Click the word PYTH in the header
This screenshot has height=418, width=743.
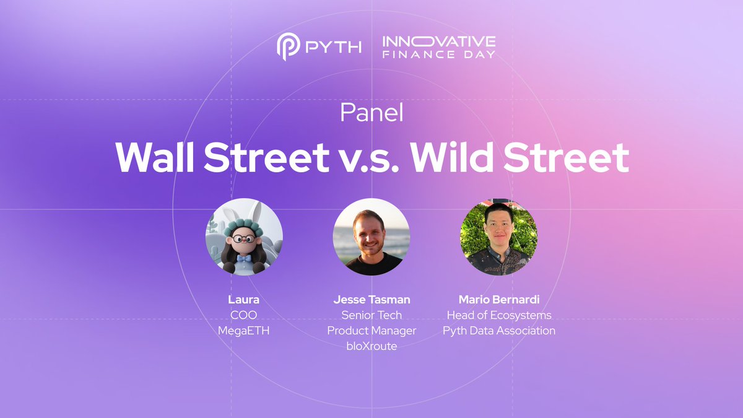click(x=332, y=47)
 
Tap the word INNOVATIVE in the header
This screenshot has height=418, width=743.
click(x=438, y=41)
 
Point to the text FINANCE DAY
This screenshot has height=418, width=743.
click(x=438, y=54)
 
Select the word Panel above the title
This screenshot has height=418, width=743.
click(x=371, y=113)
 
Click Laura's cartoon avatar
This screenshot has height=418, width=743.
click(x=244, y=237)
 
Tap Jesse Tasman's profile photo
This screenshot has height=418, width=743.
click(x=371, y=237)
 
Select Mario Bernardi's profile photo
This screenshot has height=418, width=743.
click(x=498, y=237)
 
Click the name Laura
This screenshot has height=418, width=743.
click(x=244, y=300)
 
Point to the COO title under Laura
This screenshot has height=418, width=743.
click(x=244, y=315)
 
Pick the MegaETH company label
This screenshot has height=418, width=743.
click(x=244, y=331)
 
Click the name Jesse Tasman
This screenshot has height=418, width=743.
click(x=371, y=300)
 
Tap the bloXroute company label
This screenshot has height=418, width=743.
click(x=371, y=346)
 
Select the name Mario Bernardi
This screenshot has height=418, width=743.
click(x=499, y=300)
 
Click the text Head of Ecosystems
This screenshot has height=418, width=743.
click(x=499, y=315)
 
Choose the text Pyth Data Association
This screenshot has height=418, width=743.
click(x=499, y=331)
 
